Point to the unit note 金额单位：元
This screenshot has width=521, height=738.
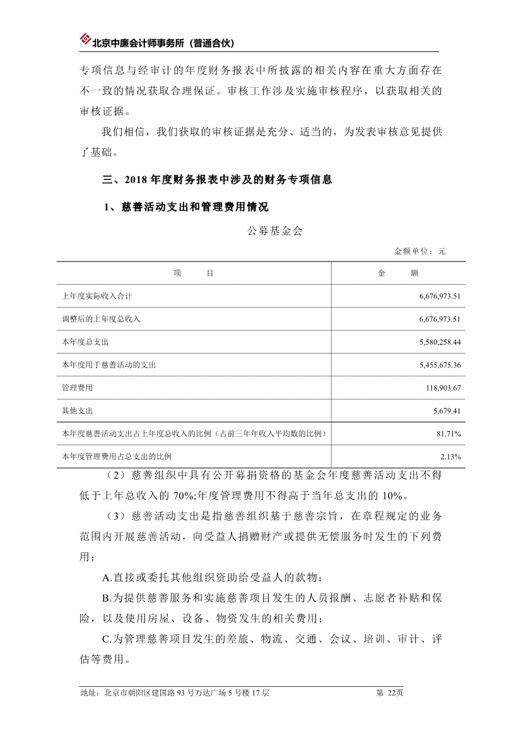coord(419,251)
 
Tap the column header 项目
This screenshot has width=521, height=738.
coord(193,273)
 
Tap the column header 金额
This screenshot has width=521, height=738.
coord(398,273)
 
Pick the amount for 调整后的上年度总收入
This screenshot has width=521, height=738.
coord(440,319)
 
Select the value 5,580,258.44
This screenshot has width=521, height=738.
coord(440,342)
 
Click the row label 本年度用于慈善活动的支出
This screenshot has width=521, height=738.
coord(109,365)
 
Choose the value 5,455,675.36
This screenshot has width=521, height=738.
coord(440,365)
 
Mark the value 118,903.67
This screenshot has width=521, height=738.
coord(443,388)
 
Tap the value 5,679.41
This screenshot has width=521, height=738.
coord(447,410)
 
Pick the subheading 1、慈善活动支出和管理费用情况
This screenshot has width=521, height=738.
coord(186,206)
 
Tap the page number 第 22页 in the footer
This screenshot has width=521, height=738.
coord(389,693)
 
